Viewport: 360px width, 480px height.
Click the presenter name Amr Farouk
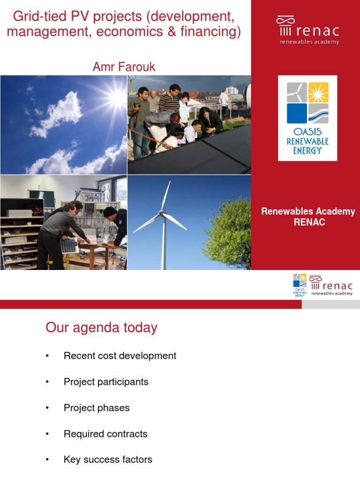coord(124,67)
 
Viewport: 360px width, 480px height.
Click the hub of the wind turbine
coord(163,214)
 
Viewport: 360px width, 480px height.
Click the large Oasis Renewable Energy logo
coord(307,118)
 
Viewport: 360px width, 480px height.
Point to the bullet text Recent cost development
coord(120,356)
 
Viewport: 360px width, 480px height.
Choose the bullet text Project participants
coord(106,382)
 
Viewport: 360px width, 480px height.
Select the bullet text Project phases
coord(97,408)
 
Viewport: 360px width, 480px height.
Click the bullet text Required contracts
coord(105,434)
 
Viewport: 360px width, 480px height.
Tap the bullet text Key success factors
coord(108,460)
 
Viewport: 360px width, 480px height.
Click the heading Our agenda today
coord(101,328)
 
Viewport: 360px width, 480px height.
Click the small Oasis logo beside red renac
coord(300,285)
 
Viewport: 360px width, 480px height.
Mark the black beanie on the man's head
coord(110,212)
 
